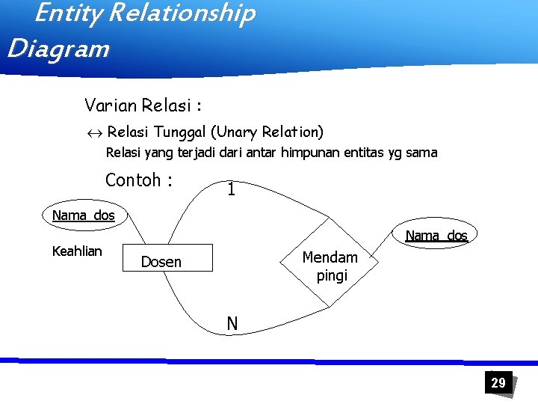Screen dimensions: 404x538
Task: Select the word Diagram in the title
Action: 58,49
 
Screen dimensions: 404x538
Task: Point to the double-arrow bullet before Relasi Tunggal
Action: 93,133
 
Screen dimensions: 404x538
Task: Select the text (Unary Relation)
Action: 267,132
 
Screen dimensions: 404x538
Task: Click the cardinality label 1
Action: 232,191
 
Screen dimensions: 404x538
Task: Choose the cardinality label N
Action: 232,324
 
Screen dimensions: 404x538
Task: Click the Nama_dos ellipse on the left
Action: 84,215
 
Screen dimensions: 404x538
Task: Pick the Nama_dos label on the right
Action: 436,236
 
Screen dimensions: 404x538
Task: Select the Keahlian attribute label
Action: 77,251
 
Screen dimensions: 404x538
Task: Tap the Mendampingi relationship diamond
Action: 330,266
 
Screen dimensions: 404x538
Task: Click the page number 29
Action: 498,383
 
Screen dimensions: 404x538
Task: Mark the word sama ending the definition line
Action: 423,153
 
